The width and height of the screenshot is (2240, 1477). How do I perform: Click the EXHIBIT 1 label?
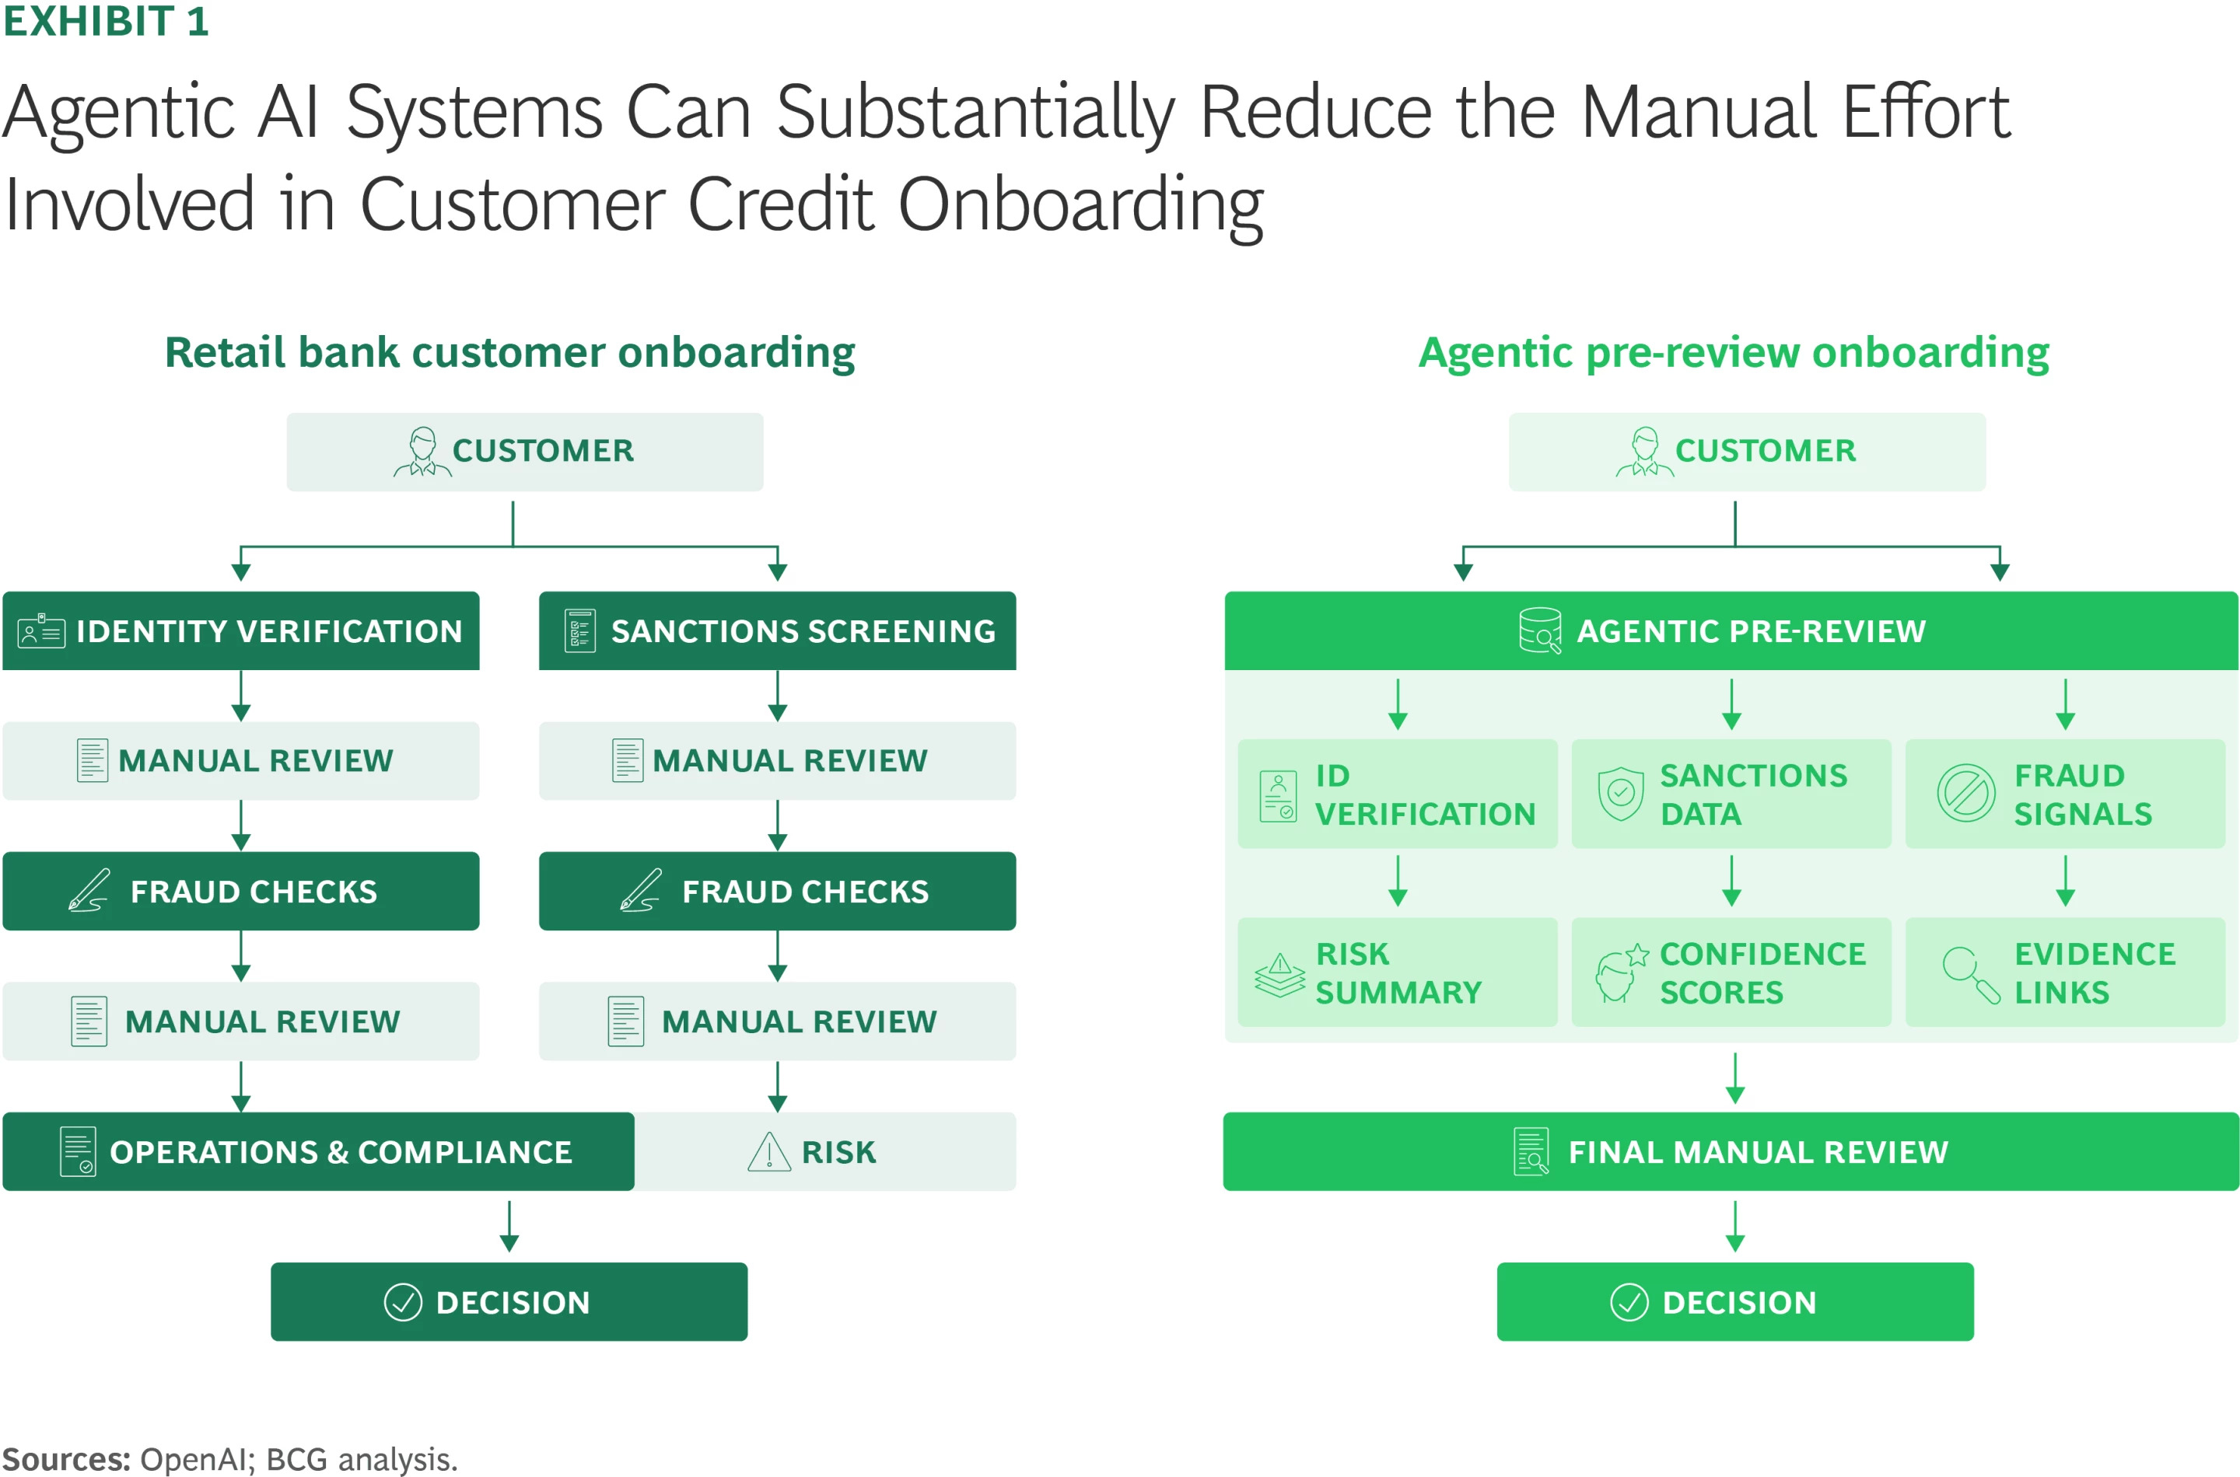click(106, 21)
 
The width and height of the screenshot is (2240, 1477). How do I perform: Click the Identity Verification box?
click(241, 630)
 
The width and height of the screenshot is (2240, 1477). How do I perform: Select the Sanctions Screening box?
click(778, 630)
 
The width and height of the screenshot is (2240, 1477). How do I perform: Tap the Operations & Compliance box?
click(319, 1151)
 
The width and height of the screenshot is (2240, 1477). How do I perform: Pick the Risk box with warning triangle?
click(824, 1151)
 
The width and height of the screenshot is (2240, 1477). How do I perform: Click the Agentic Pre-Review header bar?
click(1731, 630)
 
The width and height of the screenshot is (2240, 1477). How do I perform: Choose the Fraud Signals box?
click(2065, 794)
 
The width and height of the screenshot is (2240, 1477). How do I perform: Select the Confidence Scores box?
click(1731, 972)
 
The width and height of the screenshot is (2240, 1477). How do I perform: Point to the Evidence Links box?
click(2065, 972)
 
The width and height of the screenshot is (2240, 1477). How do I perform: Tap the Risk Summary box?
click(1398, 972)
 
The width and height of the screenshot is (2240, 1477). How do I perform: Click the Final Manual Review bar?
click(1731, 1151)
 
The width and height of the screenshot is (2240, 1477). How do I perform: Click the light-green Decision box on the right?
click(1735, 1302)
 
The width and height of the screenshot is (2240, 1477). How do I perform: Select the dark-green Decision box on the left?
click(509, 1302)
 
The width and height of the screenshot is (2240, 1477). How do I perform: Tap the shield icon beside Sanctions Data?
click(1621, 793)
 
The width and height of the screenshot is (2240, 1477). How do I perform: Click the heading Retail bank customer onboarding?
click(509, 352)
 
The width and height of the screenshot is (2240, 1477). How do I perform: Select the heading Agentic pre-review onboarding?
click(1734, 352)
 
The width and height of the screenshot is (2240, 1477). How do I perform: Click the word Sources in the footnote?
click(66, 1458)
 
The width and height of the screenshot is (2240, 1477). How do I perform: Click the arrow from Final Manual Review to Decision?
click(1735, 1227)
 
